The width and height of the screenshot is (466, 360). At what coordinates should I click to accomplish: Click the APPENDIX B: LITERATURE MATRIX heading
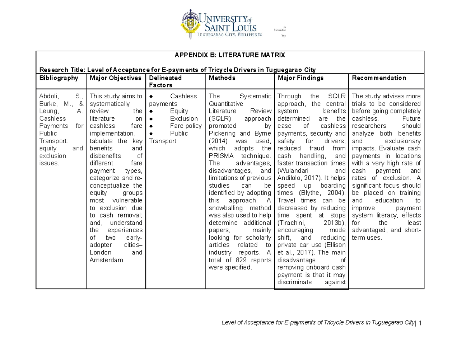pyautogui.click(x=230, y=56)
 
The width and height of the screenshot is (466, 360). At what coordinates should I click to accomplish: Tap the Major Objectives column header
pyautogui.click(x=116, y=78)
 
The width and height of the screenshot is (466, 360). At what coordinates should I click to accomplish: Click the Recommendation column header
pyautogui.click(x=379, y=78)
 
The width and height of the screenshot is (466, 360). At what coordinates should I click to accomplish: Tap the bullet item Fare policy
pyautogui.click(x=186, y=126)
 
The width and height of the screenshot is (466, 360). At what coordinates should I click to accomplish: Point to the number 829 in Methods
pyautogui.click(x=239, y=260)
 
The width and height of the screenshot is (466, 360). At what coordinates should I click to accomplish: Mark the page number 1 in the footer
pyautogui.click(x=419, y=323)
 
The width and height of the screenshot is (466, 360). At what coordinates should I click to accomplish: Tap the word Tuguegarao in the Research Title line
pyautogui.click(x=294, y=70)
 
